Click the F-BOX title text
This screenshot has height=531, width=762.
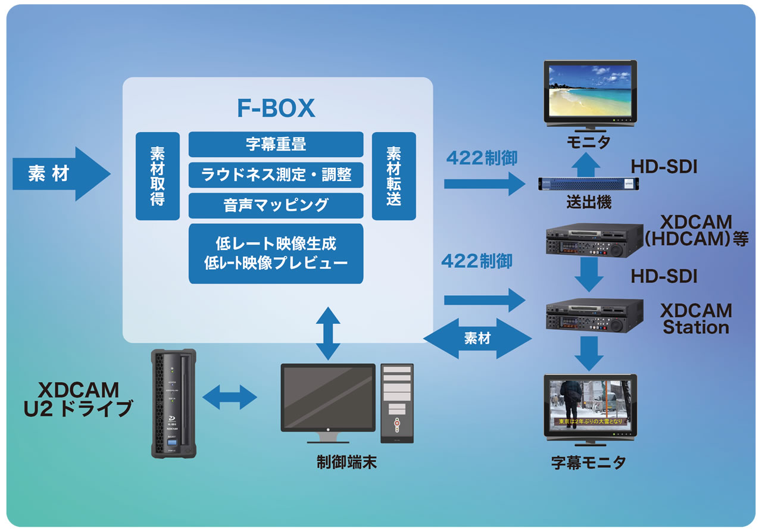(276, 108)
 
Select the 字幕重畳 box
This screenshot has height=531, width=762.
(276, 144)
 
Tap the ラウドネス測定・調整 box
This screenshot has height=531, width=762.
(276, 174)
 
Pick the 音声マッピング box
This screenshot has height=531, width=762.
(276, 205)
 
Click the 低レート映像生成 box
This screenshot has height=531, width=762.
(276, 253)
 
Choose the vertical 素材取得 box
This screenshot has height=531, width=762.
(157, 176)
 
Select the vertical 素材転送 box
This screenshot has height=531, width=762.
(394, 176)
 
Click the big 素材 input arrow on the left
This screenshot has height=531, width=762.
(60, 174)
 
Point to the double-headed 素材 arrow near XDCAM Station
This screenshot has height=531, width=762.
(477, 339)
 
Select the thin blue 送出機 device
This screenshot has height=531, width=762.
(589, 183)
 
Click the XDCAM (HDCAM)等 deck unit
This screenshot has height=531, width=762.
(594, 240)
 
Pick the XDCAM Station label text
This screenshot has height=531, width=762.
(695, 319)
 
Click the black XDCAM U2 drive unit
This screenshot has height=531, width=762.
(173, 403)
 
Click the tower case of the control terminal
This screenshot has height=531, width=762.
(396, 403)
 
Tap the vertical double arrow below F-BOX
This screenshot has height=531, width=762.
(327, 333)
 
